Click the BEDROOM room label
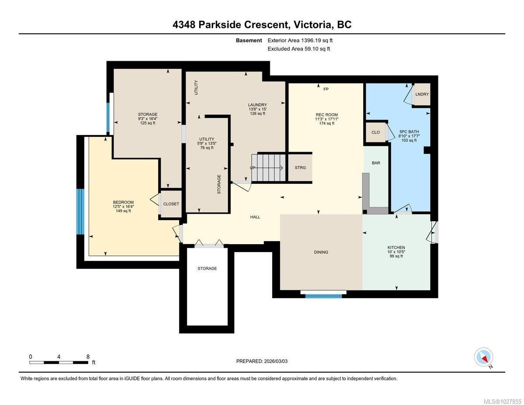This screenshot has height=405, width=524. coord(123,202)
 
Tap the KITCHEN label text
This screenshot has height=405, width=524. coord(396,247)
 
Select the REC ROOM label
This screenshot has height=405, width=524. coord(327,114)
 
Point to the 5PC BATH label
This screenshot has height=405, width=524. coord(409,132)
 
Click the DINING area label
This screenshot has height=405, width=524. coord(321,252)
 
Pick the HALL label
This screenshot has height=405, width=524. coord(255,217)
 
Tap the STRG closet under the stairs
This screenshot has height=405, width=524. coord(300,167)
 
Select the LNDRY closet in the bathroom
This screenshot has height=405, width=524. coord(422,94)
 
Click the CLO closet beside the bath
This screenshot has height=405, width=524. coord(376,132)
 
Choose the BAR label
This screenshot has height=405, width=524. coord(376,163)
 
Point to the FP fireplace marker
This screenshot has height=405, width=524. coord(326,89)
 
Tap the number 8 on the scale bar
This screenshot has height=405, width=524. coord(88,357)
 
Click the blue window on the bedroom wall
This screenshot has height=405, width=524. coord(80,211)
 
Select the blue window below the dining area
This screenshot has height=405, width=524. coord(324,296)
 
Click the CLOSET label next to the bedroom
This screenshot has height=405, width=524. coord(171,204)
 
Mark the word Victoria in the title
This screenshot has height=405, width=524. coord(312,24)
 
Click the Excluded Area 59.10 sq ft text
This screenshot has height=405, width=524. coord(299,49)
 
